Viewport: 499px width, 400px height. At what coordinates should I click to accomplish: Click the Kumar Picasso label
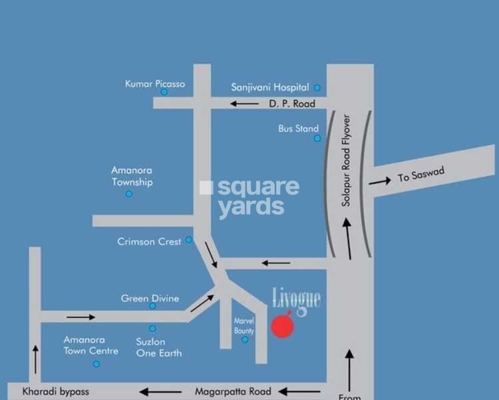click(x=155, y=84)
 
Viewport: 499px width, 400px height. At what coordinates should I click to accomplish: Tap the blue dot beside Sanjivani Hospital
click(x=317, y=88)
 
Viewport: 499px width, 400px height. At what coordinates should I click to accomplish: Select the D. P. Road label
click(x=291, y=103)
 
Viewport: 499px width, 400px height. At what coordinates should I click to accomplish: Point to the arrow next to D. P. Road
click(x=245, y=103)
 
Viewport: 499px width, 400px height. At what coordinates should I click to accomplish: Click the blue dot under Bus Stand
click(x=317, y=138)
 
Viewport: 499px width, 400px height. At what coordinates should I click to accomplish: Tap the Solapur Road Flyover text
click(x=346, y=160)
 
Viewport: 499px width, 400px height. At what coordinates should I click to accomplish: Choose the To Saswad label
click(x=420, y=175)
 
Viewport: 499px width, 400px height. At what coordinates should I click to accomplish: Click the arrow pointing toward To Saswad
click(x=380, y=181)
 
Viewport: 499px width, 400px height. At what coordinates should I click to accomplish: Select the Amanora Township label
click(x=132, y=176)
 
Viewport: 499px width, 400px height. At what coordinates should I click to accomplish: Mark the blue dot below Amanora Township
click(x=129, y=194)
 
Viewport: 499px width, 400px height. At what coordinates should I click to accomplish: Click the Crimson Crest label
click(x=149, y=241)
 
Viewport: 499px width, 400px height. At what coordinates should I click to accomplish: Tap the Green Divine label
click(x=150, y=299)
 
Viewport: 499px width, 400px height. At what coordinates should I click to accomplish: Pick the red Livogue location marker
click(x=283, y=327)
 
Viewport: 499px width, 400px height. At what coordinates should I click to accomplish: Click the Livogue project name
click(x=297, y=299)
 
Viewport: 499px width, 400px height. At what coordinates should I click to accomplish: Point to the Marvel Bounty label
click(x=244, y=325)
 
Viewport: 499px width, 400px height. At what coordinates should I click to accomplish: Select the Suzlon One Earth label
click(x=159, y=347)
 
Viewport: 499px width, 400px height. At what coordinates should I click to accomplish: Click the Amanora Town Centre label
click(x=90, y=345)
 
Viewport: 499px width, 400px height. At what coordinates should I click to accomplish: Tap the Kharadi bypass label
click(x=55, y=391)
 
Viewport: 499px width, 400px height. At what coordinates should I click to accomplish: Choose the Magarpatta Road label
click(x=233, y=391)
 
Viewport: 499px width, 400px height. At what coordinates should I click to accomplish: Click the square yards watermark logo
click(x=249, y=197)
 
